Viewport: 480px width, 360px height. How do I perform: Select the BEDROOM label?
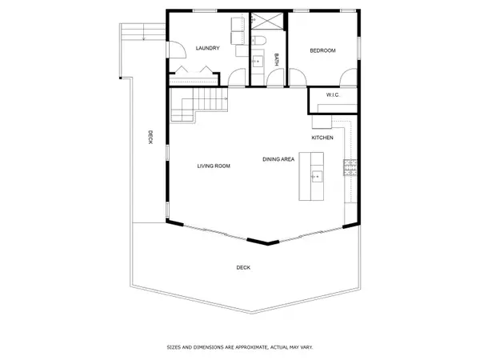click(323, 50)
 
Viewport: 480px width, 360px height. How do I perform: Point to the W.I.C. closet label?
click(333, 96)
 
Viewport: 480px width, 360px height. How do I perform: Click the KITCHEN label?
click(322, 138)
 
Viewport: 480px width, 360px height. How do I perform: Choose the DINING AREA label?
click(278, 159)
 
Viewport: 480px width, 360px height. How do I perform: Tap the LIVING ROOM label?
click(214, 166)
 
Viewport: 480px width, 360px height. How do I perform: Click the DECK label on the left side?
click(150, 138)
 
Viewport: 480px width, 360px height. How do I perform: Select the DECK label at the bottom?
click(242, 267)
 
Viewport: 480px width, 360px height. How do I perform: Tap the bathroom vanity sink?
click(258, 59)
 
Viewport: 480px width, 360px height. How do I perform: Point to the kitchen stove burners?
click(349, 167)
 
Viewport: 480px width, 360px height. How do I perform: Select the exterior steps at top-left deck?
click(142, 31)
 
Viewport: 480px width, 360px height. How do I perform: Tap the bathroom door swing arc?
click(275, 77)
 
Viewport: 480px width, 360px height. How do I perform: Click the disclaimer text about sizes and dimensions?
click(240, 347)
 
